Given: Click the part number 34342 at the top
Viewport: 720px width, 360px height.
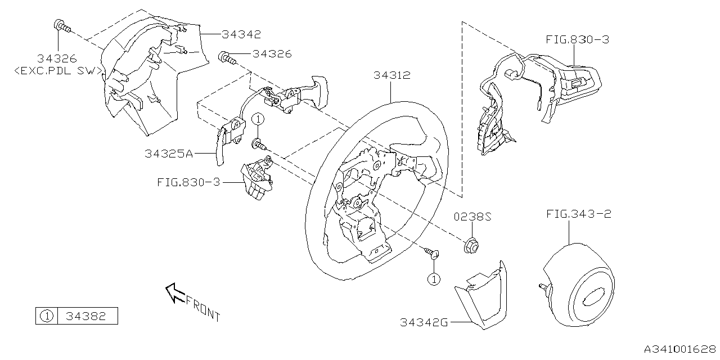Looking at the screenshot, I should pos(241,34).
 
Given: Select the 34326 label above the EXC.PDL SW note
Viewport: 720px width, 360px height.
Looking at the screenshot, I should pos(57,58).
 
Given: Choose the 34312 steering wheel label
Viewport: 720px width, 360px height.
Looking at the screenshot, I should pos(391,75).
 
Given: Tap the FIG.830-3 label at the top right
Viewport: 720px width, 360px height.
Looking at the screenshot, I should pos(577,39).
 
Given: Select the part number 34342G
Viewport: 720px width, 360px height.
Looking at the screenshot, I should pos(424,322).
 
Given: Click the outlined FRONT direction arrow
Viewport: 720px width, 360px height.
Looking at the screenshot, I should pos(174,291).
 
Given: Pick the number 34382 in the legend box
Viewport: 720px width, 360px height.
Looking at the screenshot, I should pos(86,316).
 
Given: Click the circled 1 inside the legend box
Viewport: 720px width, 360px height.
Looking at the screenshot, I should pos(46,316).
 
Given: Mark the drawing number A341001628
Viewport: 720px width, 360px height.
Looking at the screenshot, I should pos(679,349).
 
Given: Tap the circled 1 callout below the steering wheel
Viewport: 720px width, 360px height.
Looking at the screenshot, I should pos(434,278).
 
